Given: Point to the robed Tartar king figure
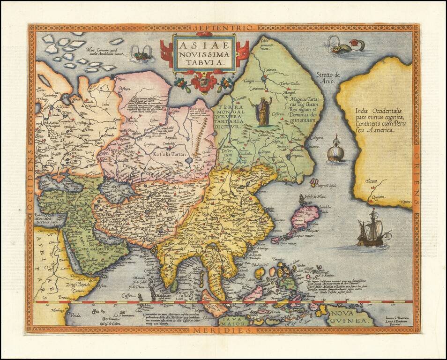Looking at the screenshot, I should (x=263, y=111).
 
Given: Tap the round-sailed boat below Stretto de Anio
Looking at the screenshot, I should (x=335, y=150).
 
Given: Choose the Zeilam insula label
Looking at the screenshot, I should (x=187, y=294).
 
